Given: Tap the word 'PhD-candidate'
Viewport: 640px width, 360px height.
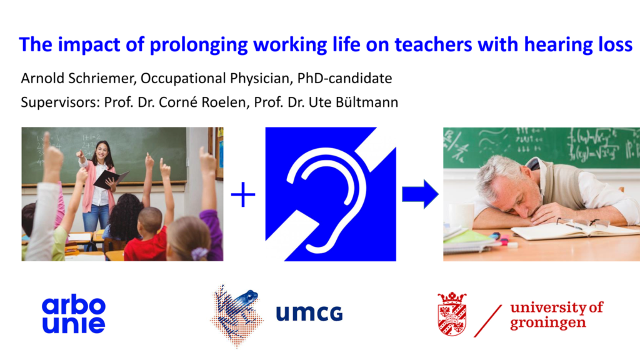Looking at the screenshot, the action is [344, 78].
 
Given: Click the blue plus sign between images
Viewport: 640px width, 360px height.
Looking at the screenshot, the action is [243, 195].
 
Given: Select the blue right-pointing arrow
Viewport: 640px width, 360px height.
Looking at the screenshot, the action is [420, 194].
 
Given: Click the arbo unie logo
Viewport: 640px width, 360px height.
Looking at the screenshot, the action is [74, 314].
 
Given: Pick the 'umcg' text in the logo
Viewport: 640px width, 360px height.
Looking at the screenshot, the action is [309, 314].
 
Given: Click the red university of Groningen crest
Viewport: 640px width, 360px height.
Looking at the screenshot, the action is [452, 314].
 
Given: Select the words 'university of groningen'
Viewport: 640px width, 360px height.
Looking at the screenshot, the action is [556, 315].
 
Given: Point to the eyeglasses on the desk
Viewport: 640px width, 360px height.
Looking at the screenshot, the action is [584, 223].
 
